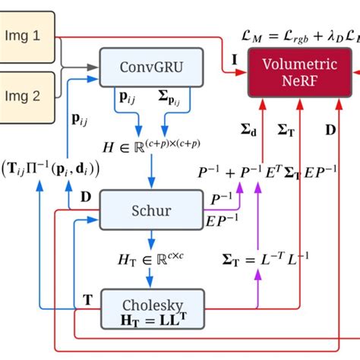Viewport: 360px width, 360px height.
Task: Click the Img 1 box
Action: click(x=27, y=35)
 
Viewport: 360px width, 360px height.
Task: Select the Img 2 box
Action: click(x=27, y=97)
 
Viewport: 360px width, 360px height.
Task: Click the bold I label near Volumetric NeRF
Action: click(x=234, y=57)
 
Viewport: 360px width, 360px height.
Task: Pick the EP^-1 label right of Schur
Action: click(x=220, y=221)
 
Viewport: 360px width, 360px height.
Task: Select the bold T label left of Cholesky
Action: click(x=88, y=299)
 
